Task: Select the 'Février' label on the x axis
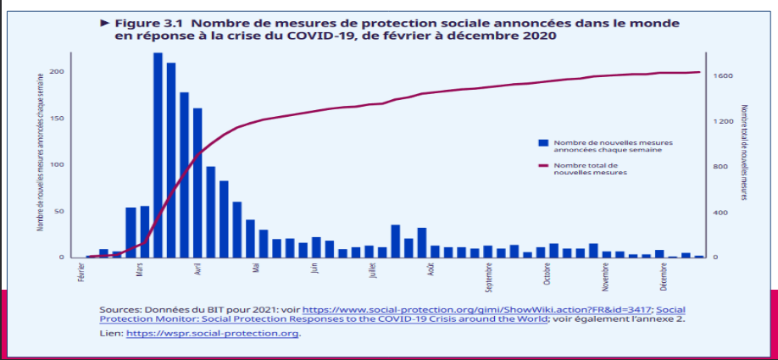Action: pos(81,273)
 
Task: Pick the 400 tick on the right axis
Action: pos(720,212)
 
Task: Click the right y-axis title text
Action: pos(744,152)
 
